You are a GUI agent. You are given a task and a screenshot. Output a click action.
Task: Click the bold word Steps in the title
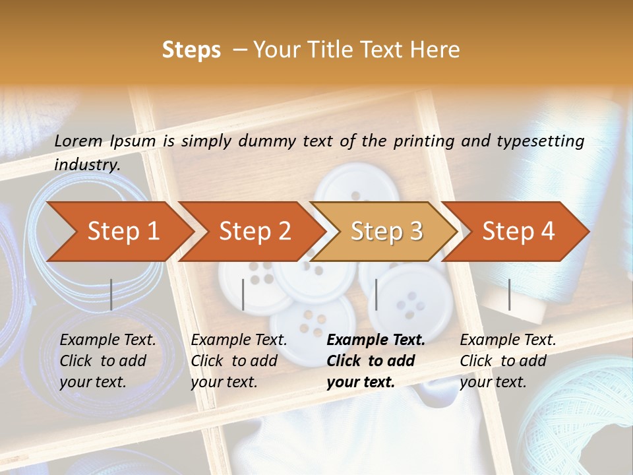[191, 50]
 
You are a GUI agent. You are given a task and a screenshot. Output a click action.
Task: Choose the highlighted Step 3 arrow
[386, 232]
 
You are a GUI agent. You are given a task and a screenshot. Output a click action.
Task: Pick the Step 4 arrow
[518, 232]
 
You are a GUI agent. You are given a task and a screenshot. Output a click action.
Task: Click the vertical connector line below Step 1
[111, 294]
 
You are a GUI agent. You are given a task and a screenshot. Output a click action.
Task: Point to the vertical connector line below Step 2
[243, 294]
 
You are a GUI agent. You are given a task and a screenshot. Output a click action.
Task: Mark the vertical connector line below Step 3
[377, 294]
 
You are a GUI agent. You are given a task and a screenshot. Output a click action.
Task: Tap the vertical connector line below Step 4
[510, 294]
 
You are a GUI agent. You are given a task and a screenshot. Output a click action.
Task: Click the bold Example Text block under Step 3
[376, 361]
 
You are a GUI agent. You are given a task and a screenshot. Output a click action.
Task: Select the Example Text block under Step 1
[107, 361]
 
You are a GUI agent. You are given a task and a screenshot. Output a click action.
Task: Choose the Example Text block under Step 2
[239, 361]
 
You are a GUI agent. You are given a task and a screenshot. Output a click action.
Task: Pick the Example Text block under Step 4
[508, 361]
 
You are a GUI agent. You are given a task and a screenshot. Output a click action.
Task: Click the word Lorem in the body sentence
[78, 141]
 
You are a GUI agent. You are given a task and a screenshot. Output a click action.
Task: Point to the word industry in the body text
[86, 164]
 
